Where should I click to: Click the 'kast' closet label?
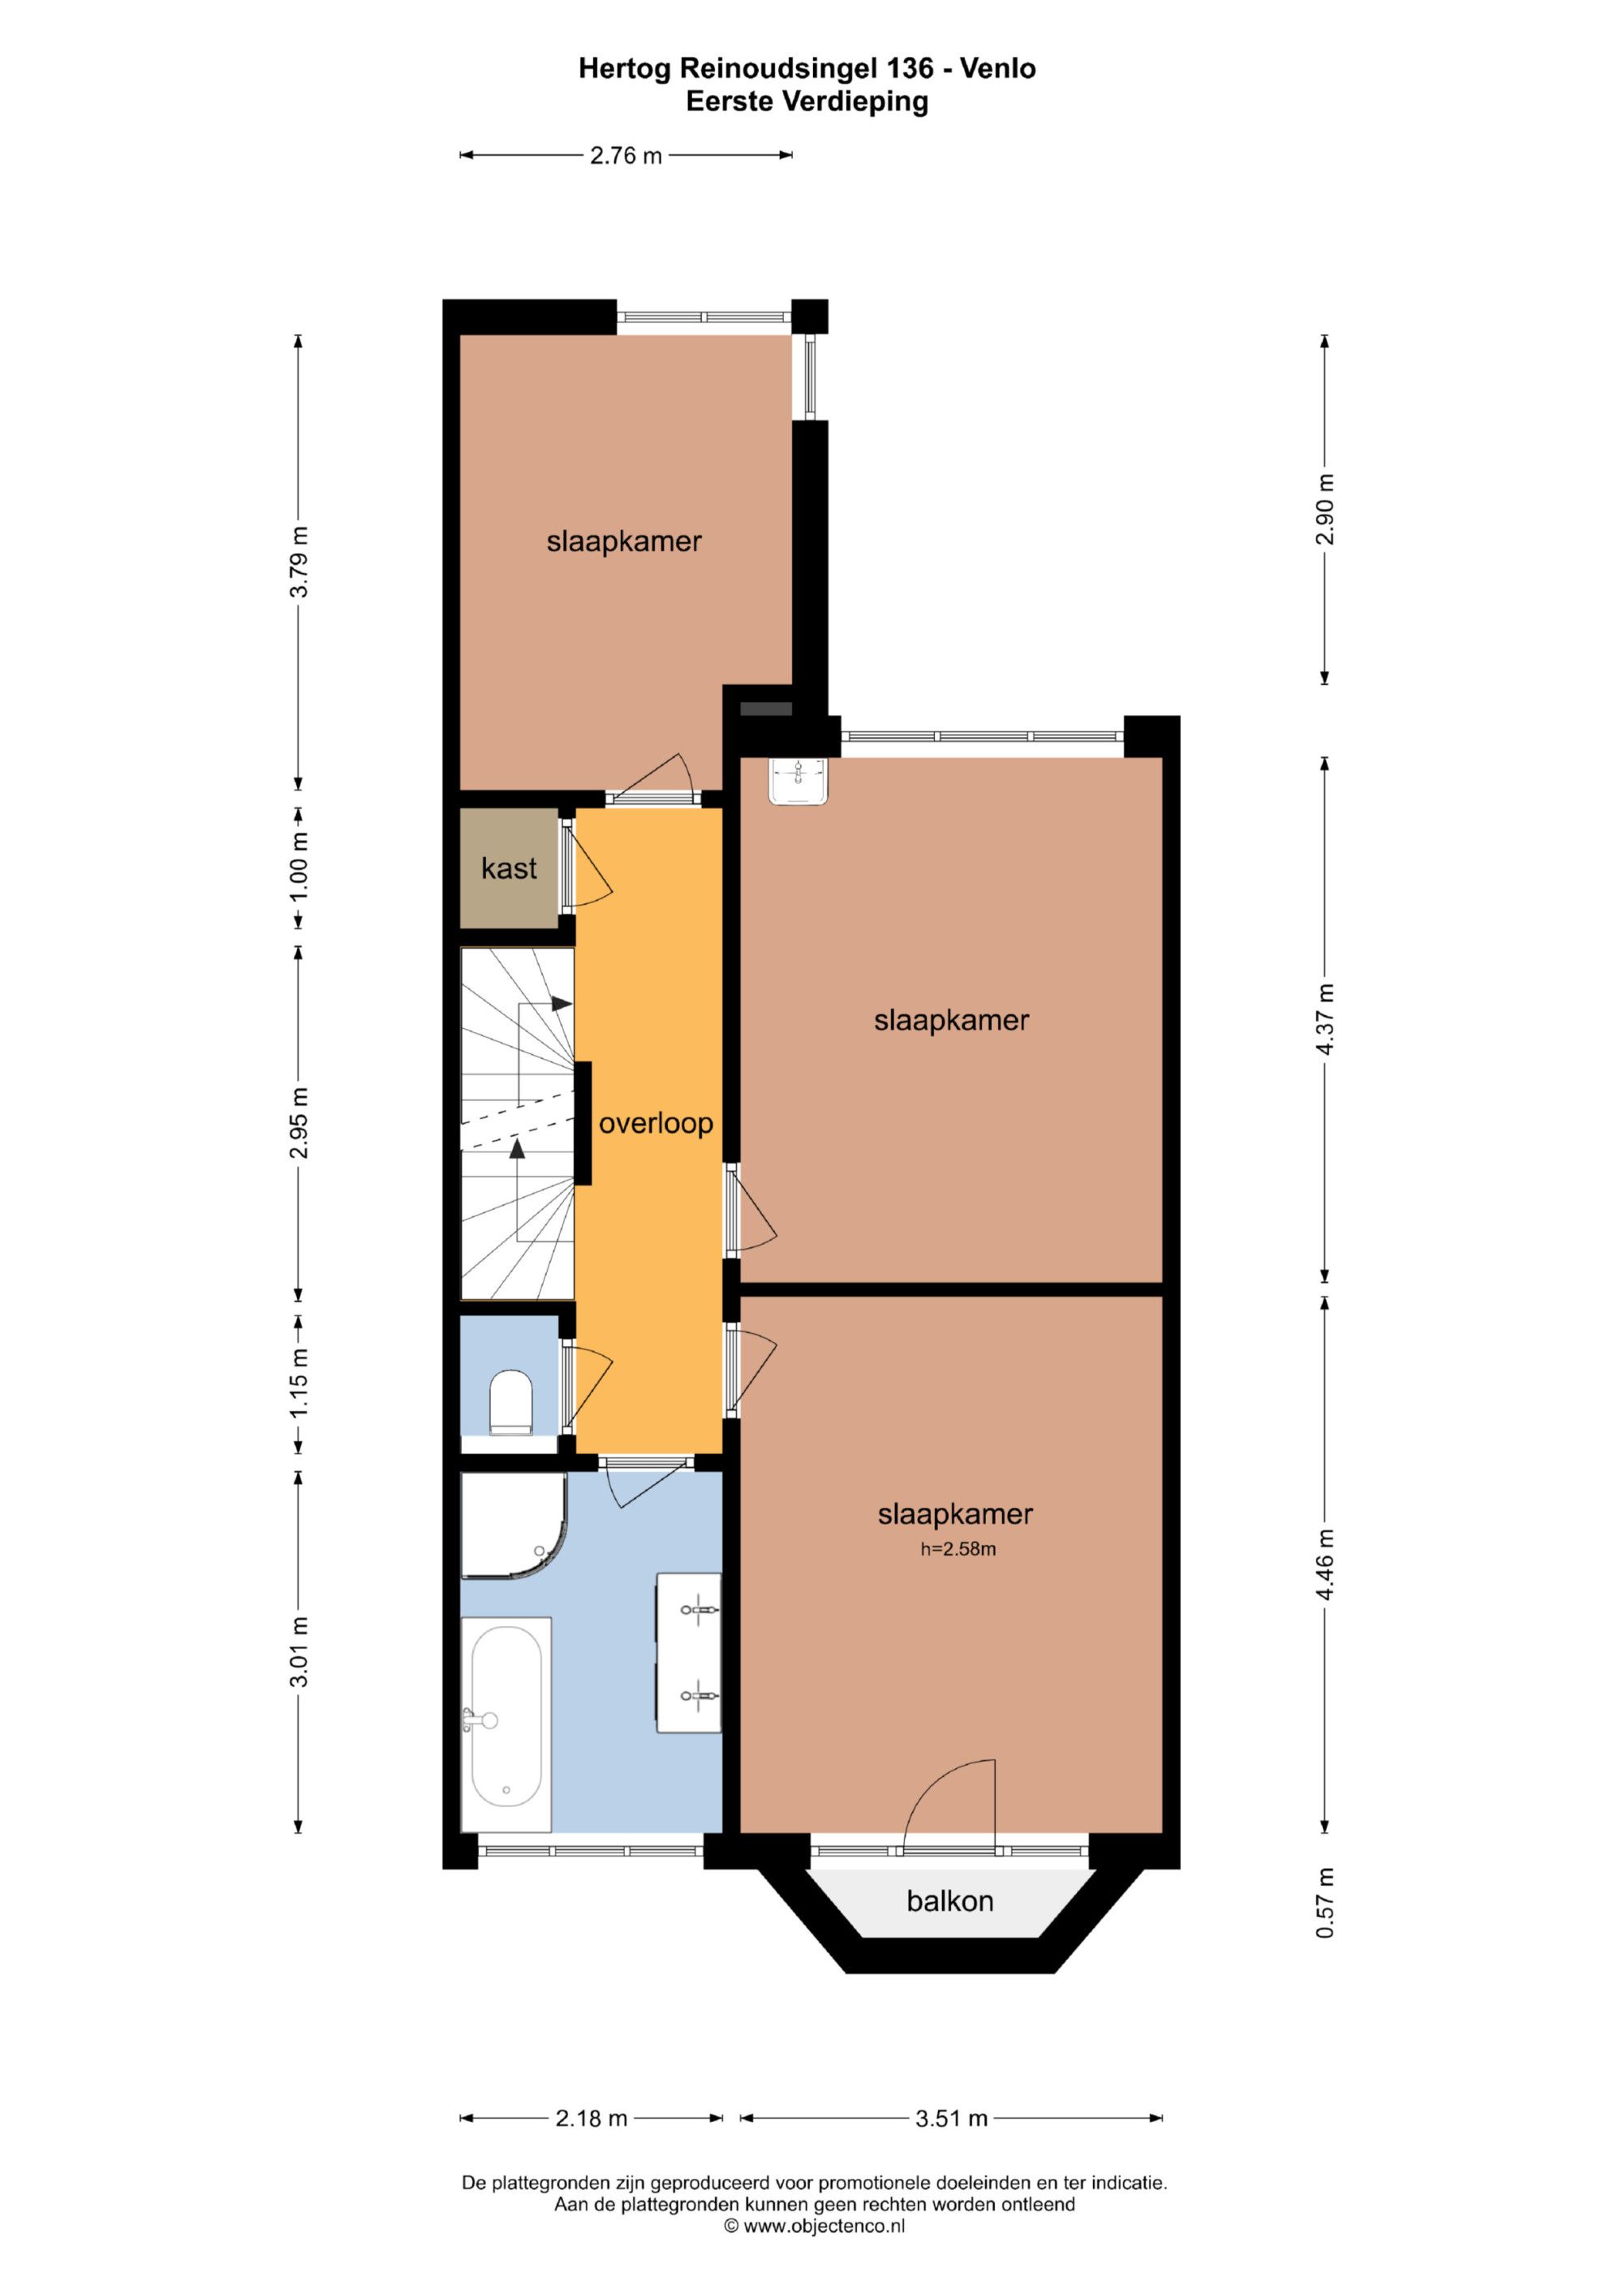pyautogui.click(x=509, y=868)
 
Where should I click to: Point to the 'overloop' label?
pyautogui.click(x=656, y=1123)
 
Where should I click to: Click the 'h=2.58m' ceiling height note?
pyautogui.click(x=958, y=1550)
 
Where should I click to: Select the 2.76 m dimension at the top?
pyautogui.click(x=626, y=156)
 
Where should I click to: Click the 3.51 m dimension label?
pyautogui.click(x=951, y=2118)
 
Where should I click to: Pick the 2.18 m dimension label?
pyautogui.click(x=591, y=2118)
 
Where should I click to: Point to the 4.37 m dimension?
pyautogui.click(x=1325, y=1018)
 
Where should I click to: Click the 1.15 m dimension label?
pyautogui.click(x=299, y=1383)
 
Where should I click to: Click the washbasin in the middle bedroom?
pyautogui.click(x=799, y=781)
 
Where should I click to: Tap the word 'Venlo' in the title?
pyautogui.click(x=997, y=68)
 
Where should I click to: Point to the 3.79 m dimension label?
pyautogui.click(x=299, y=562)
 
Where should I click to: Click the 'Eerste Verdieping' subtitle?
pyautogui.click(x=807, y=102)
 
